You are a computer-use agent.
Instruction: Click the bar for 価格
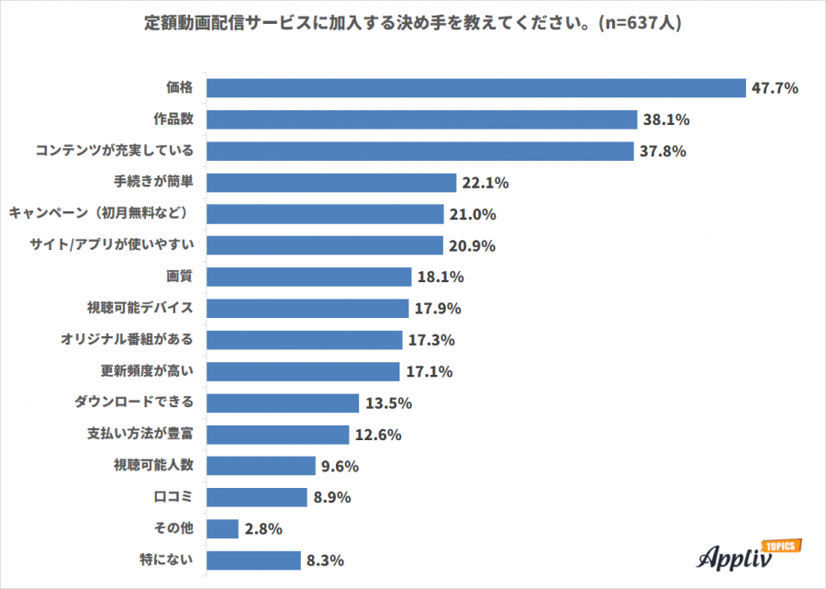pyautogui.click(x=475, y=88)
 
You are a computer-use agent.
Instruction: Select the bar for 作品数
pyautogui.click(x=422, y=119)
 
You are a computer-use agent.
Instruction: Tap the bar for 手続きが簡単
pyautogui.click(x=331, y=183)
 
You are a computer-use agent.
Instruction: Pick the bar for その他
pyautogui.click(x=223, y=528)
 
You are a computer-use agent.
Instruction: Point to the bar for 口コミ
pyautogui.click(x=257, y=497)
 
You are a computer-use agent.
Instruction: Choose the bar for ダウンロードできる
pyautogui.click(x=283, y=402)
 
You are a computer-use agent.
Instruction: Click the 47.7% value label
pyautogui.click(x=776, y=88)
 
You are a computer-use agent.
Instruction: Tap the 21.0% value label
pyautogui.click(x=474, y=214)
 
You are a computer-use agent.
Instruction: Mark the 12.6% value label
pyautogui.click(x=379, y=435)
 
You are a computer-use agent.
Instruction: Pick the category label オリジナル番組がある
pyautogui.click(x=127, y=339)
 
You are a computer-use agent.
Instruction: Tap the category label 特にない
pyautogui.click(x=167, y=560)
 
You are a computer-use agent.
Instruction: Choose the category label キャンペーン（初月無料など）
pyautogui.click(x=100, y=213)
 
